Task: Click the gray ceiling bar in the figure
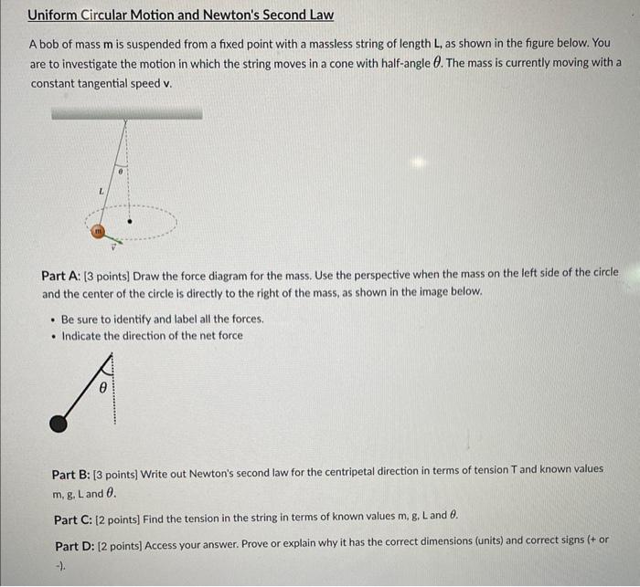pyautogui.click(x=126, y=113)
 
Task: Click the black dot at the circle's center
pyautogui.click(x=129, y=220)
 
